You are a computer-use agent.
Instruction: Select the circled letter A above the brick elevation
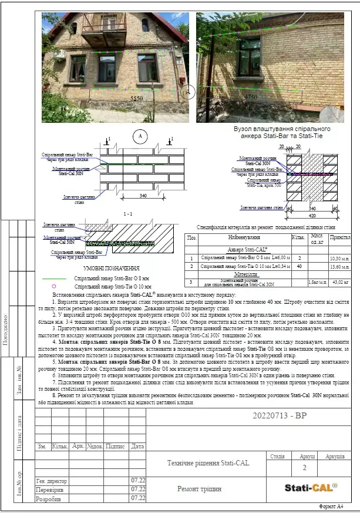[x=140, y=136]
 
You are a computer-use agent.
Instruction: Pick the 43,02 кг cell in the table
[x=340, y=283]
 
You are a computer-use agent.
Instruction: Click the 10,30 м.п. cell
[x=339, y=258]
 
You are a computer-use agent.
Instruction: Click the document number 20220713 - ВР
[x=280, y=415]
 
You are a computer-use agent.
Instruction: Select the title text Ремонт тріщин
[x=200, y=488]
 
